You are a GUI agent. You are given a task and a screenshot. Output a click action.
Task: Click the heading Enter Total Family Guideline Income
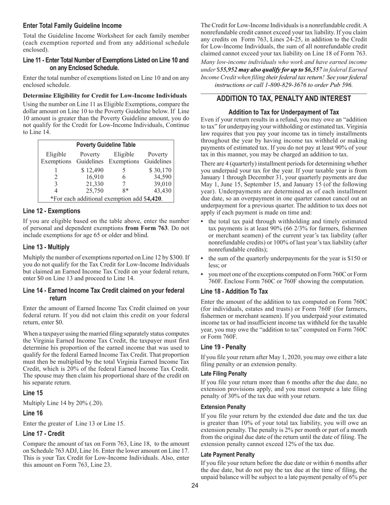(72, 25)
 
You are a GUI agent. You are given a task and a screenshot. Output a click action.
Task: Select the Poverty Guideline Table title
(106, 145)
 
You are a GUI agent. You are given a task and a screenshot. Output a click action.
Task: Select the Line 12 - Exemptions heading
(51, 211)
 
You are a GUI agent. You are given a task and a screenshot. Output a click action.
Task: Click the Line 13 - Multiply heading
(46, 247)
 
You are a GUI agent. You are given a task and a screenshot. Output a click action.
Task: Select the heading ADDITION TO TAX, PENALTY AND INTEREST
(283, 99)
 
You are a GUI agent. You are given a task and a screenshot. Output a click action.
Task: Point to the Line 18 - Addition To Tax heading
(234, 292)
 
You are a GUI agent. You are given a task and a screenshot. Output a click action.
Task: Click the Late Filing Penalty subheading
(224, 374)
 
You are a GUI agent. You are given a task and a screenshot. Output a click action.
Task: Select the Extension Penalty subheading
(223, 407)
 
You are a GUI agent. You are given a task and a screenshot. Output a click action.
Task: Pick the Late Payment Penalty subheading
(227, 454)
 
